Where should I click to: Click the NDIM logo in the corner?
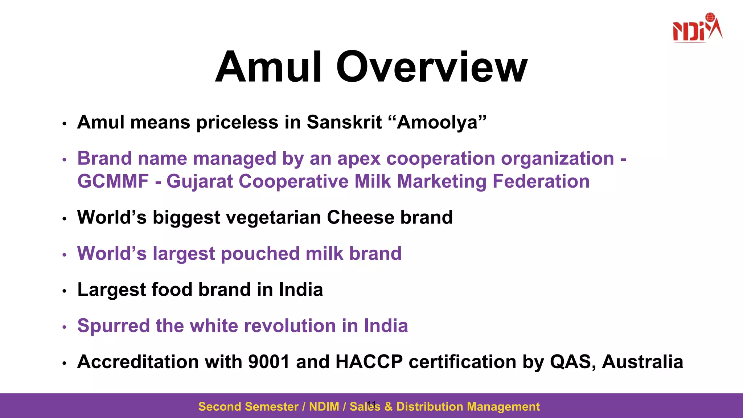(x=697, y=28)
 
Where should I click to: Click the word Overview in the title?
(x=431, y=67)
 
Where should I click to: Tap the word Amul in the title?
(x=269, y=67)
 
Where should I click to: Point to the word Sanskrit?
(x=344, y=122)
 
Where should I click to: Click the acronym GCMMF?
(x=113, y=181)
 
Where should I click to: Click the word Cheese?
(x=360, y=217)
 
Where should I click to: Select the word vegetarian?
(x=274, y=218)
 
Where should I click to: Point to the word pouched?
(x=260, y=254)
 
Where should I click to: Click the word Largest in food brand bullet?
(x=111, y=290)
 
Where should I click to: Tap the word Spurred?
(x=113, y=326)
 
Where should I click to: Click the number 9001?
(x=268, y=362)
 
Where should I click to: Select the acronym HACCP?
(x=369, y=362)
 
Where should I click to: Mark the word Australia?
(x=642, y=362)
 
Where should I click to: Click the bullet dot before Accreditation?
(x=64, y=363)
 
